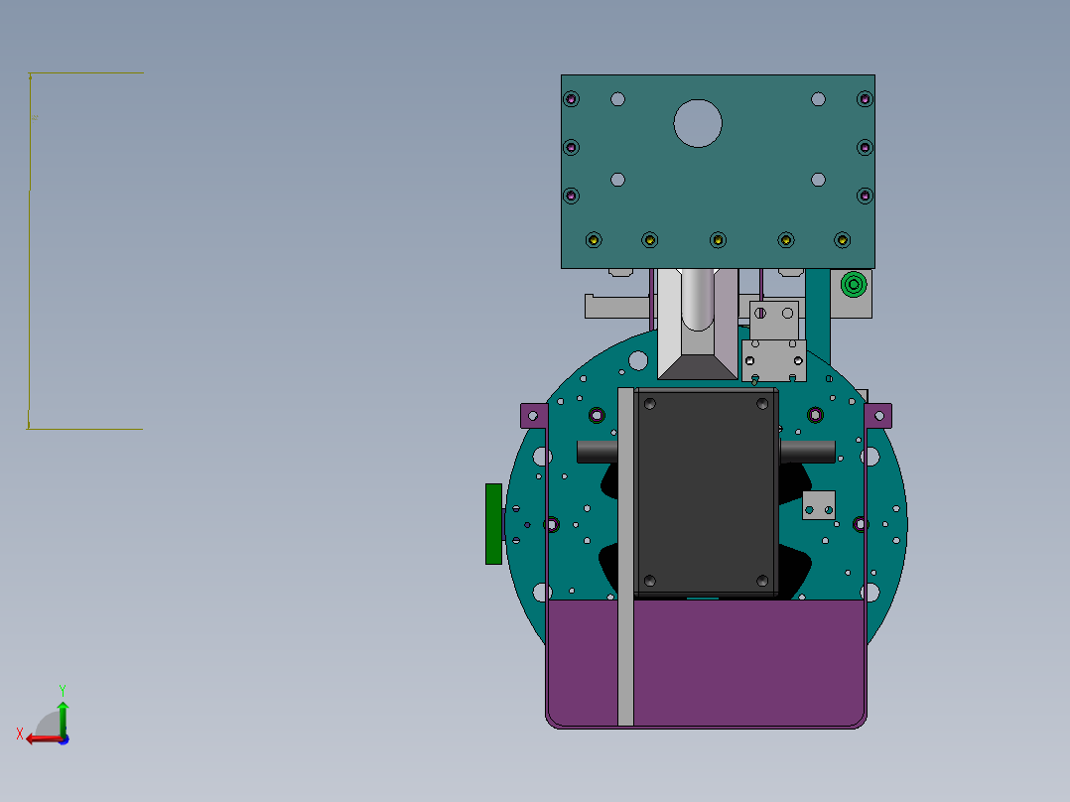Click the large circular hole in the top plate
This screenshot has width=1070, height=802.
pos(698,123)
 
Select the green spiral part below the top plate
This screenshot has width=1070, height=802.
pos(854,284)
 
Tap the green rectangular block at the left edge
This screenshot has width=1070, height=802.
pos(493,524)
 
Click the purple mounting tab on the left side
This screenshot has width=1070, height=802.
pos(534,416)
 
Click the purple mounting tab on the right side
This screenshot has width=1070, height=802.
pos(878,416)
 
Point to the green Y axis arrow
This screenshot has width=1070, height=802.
pos(63,718)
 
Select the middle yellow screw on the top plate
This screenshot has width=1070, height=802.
pos(718,240)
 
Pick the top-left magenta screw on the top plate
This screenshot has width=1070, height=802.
pos(571,99)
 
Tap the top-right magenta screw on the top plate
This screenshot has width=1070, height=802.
pos(865,99)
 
